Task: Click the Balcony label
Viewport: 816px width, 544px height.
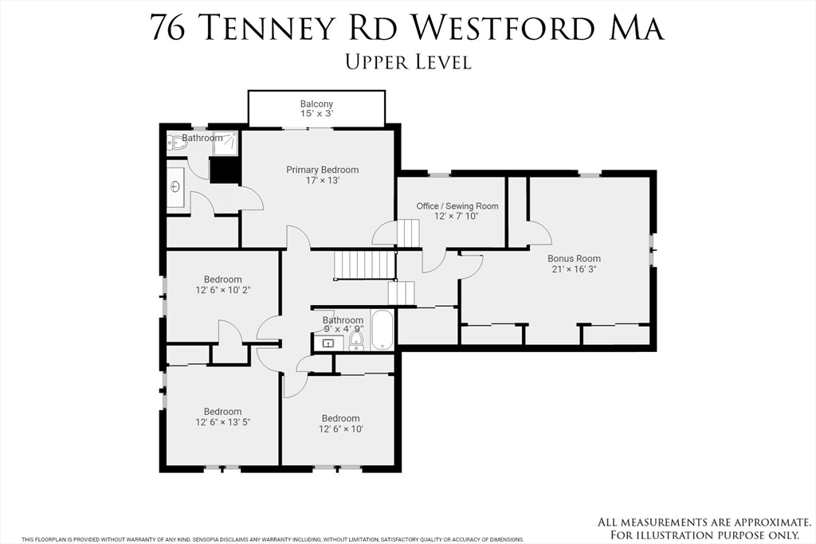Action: (x=316, y=104)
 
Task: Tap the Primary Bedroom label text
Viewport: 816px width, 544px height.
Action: (x=323, y=170)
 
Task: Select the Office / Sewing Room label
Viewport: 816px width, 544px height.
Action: (x=457, y=206)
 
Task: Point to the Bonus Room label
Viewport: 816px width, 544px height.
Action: (x=574, y=259)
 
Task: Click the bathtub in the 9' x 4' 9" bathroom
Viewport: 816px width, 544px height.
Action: (x=382, y=331)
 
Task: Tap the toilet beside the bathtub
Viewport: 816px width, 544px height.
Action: (x=356, y=341)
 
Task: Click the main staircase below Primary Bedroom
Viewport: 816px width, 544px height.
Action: (x=364, y=264)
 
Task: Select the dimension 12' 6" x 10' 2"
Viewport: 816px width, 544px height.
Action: (x=222, y=291)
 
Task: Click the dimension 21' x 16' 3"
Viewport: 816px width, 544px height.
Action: (x=574, y=270)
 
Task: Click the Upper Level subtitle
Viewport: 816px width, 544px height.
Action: (x=408, y=61)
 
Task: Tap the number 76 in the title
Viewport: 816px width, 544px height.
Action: (x=169, y=28)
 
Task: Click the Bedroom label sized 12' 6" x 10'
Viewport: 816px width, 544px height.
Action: (x=340, y=418)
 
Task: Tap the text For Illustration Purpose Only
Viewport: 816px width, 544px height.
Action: (x=704, y=534)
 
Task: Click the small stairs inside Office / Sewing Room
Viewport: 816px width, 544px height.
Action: (x=408, y=233)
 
